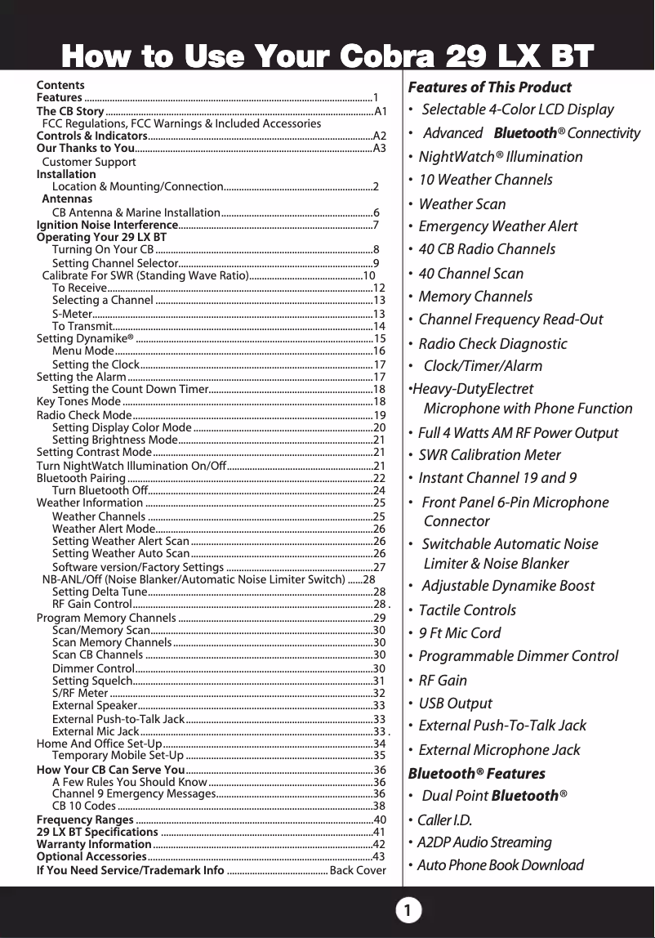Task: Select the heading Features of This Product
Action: [489, 87]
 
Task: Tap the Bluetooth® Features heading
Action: [476, 773]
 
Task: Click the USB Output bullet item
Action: [455, 703]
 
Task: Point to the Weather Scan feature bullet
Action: [461, 203]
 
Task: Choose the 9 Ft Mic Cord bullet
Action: [459, 632]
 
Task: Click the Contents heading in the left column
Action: [60, 85]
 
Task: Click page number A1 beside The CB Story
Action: [380, 111]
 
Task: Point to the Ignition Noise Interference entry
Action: [107, 225]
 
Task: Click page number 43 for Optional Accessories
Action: [379, 856]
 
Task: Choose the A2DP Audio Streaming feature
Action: [484, 842]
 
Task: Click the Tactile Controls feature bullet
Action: [467, 610]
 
